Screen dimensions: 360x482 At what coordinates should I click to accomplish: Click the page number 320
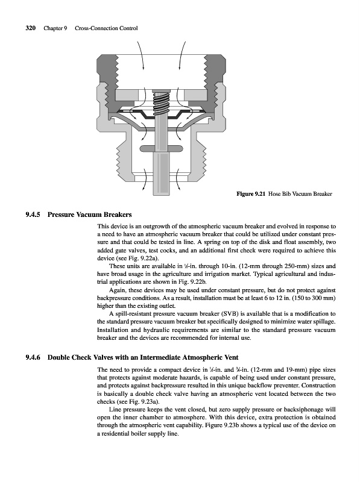(x=31, y=28)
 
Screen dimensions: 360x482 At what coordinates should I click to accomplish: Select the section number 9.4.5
(x=33, y=214)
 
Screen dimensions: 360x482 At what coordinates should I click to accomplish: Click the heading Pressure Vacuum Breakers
(x=89, y=214)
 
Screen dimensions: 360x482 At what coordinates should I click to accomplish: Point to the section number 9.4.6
(x=33, y=357)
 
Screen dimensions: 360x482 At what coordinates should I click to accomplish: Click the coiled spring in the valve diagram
(x=161, y=103)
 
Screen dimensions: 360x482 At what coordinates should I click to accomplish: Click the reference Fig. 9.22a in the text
(x=145, y=258)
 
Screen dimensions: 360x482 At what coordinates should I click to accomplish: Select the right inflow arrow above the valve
(x=182, y=55)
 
